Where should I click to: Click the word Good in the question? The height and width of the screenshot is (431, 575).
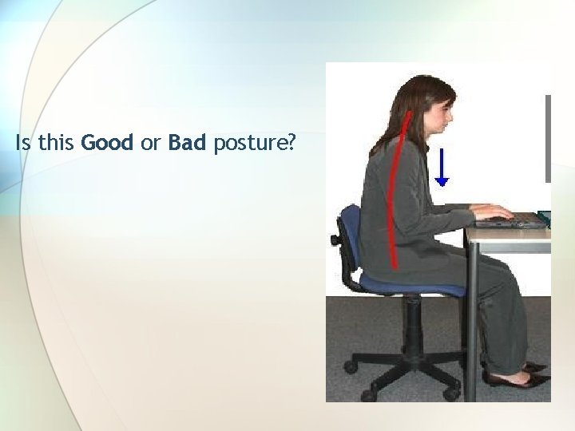[108, 144]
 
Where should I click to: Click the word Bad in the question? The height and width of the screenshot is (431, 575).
[187, 144]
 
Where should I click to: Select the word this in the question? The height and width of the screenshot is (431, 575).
[54, 144]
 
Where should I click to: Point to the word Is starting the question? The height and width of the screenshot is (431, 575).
[22, 144]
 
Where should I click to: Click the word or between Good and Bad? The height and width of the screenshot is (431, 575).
[151, 144]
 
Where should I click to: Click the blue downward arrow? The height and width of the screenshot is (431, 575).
[442, 168]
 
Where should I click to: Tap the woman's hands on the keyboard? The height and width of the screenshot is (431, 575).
[491, 212]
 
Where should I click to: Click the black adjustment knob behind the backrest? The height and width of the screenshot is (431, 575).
[335, 239]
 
